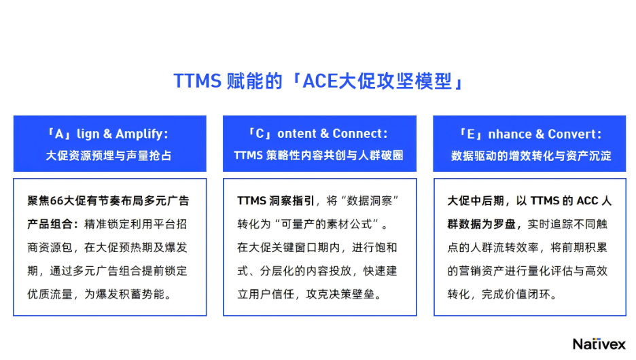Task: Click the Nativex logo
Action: (599, 344)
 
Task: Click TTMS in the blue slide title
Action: (197, 81)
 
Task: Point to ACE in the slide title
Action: (320, 81)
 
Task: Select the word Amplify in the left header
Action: (139, 134)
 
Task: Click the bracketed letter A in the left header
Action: (59, 134)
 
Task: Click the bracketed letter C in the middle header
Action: (260, 133)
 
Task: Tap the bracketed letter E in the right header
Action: (470, 134)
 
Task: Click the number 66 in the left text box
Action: (57, 200)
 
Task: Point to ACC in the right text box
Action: (587, 200)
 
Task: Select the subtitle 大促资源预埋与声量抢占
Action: (109, 156)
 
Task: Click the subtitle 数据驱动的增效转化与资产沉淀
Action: (531, 156)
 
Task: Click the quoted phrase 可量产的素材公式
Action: (327, 224)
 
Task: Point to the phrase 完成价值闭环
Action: (516, 294)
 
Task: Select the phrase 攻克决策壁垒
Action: (340, 294)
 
